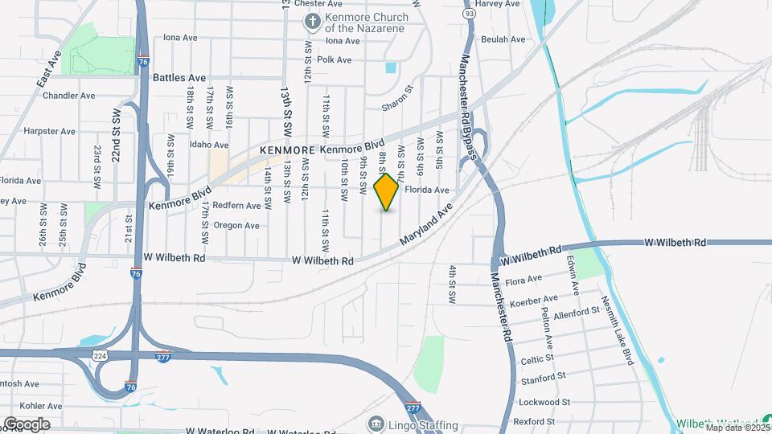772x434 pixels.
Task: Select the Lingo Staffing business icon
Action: pos(376,424)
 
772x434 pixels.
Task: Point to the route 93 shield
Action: pos(469,13)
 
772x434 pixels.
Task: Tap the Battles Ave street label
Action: pos(180,78)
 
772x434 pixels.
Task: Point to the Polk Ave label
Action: pos(335,59)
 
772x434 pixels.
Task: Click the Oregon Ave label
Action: pos(236,226)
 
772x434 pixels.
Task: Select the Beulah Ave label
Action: pos(503,39)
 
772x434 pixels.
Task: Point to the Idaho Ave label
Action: pos(187,145)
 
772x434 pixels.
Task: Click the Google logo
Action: pos(27,424)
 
